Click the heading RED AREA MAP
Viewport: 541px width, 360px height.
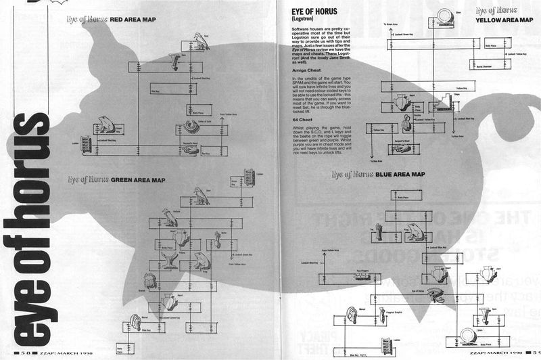pyautogui.click(x=128, y=20)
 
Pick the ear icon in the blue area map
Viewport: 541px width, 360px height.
pyautogui.click(x=352, y=315)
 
